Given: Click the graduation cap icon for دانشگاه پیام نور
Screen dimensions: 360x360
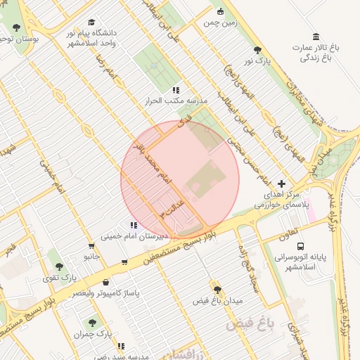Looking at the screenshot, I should [91, 22].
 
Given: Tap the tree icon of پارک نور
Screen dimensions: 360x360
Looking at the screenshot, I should [257, 51].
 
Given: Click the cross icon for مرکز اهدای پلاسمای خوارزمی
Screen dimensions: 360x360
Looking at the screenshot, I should [282, 183].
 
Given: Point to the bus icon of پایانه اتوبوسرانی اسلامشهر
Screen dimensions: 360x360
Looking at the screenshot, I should [301, 247].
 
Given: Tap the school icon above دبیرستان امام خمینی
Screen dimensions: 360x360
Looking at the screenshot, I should [134, 226].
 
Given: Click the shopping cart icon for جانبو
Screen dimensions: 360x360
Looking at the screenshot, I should [91, 246].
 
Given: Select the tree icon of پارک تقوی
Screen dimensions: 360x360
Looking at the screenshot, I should [59, 266].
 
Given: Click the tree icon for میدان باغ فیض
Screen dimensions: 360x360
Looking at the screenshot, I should [217, 290].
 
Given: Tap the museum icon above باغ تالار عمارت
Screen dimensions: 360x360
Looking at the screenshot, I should [316, 37].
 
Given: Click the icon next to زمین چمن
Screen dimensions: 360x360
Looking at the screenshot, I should [221, 11].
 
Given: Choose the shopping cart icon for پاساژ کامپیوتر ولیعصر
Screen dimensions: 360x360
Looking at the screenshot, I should [124, 262].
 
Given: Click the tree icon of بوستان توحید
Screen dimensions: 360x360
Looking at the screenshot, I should [17, 27].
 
